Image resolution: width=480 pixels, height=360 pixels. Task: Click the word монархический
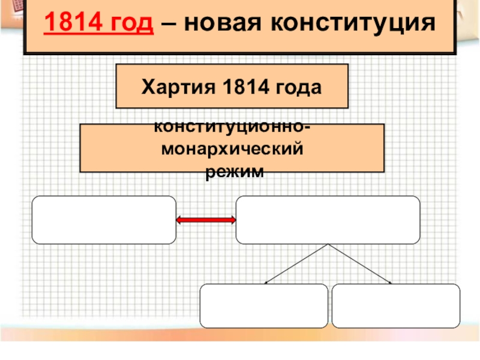(232, 149)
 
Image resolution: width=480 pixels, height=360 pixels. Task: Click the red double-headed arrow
(206, 221)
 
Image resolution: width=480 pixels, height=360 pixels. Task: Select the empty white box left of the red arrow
(104, 220)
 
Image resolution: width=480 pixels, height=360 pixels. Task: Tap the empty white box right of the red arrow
(328, 220)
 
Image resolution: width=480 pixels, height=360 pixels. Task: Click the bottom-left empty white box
(264, 306)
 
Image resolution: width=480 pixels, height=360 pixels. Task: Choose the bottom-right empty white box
(396, 306)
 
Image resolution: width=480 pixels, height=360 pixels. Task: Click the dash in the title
(172, 24)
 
